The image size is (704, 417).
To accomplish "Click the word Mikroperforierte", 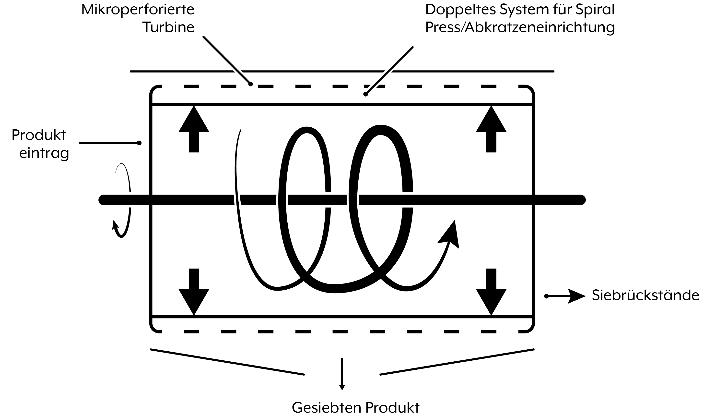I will coord(138,10).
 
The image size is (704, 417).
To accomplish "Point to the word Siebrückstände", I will coord(645,295).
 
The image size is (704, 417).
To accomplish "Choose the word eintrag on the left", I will coord(44,153).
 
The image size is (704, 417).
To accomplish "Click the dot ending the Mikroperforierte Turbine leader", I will coord(250,84).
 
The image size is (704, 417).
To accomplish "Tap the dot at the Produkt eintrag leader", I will coord(139,143).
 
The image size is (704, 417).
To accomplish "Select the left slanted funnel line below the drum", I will coord(227,362).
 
